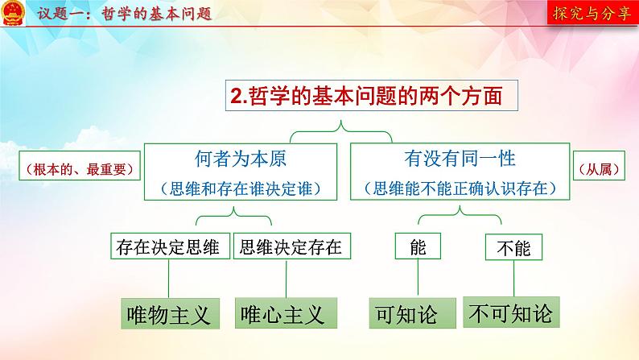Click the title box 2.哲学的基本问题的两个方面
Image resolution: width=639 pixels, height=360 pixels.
(x=370, y=97)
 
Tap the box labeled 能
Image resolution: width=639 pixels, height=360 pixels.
(x=418, y=247)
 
